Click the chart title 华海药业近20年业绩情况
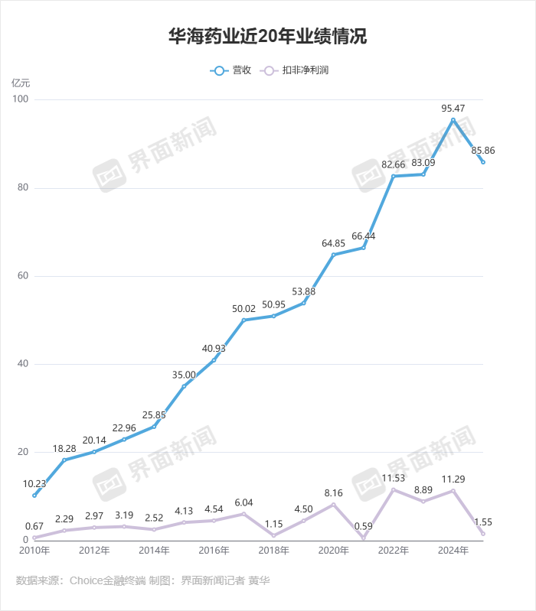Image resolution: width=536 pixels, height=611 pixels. click(x=268, y=37)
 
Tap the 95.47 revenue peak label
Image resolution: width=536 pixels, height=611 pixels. click(x=453, y=109)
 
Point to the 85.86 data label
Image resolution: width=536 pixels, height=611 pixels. click(x=482, y=151)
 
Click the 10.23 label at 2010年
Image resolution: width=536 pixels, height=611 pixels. click(x=34, y=483)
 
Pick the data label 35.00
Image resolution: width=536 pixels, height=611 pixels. click(x=184, y=375)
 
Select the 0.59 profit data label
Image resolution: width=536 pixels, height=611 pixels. click(x=363, y=526)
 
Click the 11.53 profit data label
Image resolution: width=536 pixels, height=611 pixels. click(x=394, y=478)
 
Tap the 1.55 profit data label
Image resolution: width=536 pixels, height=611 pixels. click(x=483, y=522)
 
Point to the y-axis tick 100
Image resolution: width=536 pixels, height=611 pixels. click(x=21, y=100)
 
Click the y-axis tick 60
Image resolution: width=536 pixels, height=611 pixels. click(x=23, y=276)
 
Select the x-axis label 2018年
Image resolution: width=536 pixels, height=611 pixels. click(x=273, y=551)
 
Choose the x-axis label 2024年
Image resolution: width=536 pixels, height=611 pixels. click(x=453, y=551)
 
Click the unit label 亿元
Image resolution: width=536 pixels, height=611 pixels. click(x=21, y=82)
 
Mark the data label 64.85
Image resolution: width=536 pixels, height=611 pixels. click(x=333, y=243)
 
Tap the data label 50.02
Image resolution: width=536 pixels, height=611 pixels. click(x=243, y=308)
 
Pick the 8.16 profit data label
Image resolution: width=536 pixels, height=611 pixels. click(x=333, y=493)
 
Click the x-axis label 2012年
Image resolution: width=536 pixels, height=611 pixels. click(x=94, y=551)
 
